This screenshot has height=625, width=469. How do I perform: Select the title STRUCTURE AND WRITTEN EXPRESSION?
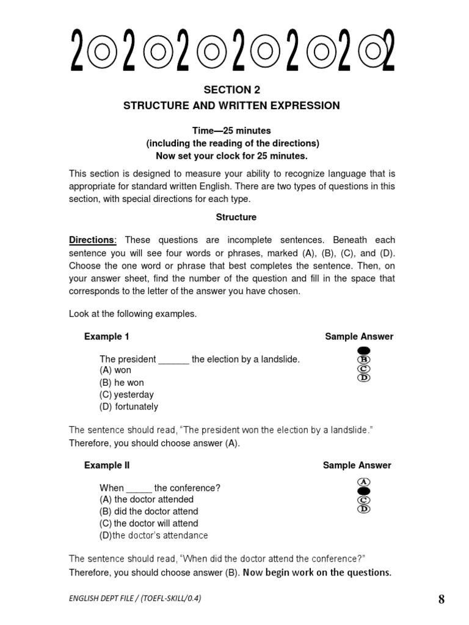(231, 106)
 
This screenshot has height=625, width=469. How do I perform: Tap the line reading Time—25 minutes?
(231, 131)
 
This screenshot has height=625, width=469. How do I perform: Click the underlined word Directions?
(91, 240)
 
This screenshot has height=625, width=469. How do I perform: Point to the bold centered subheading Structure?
(236, 217)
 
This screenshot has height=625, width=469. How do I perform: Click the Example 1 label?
(106, 336)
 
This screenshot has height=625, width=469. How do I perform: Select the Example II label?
(107, 465)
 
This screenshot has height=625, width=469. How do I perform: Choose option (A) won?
(115, 370)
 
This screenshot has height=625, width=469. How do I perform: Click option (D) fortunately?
(129, 406)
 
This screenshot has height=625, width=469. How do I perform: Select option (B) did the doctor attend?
(149, 511)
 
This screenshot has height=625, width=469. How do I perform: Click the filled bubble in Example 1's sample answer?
(364, 350)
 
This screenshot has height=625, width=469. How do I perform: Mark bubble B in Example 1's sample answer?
(364, 359)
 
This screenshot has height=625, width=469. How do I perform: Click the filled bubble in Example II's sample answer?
(364, 491)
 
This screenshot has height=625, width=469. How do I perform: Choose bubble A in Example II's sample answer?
(364, 482)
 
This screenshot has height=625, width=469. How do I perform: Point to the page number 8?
(442, 599)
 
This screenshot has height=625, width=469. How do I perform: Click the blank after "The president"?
(174, 359)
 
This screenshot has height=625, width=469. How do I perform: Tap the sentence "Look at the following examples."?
(133, 314)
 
